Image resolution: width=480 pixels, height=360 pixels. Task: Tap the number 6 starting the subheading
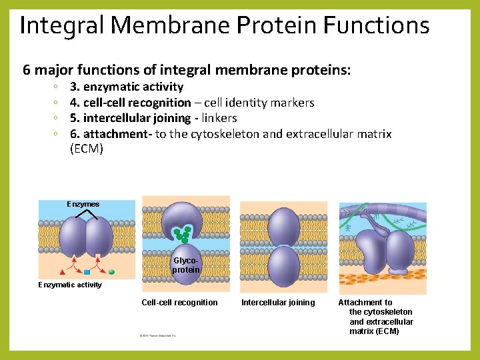point(27,69)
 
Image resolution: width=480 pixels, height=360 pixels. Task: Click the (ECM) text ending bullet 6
point(87,149)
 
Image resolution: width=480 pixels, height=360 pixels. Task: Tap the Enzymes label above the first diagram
point(83,204)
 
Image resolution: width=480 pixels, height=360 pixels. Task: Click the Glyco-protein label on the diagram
point(186,265)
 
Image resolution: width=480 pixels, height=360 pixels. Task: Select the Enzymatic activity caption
point(70,285)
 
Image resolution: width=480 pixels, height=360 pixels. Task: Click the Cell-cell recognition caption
point(179,303)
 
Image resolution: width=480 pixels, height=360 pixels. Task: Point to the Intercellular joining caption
point(278,303)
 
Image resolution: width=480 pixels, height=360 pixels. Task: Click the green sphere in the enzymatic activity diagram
point(111,272)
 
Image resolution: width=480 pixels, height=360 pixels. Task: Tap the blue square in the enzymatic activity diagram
point(87,272)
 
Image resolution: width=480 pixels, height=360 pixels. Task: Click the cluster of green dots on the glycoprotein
point(182,234)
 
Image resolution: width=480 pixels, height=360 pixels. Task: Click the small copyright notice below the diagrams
point(157,335)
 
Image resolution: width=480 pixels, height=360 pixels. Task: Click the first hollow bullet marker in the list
point(58,87)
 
